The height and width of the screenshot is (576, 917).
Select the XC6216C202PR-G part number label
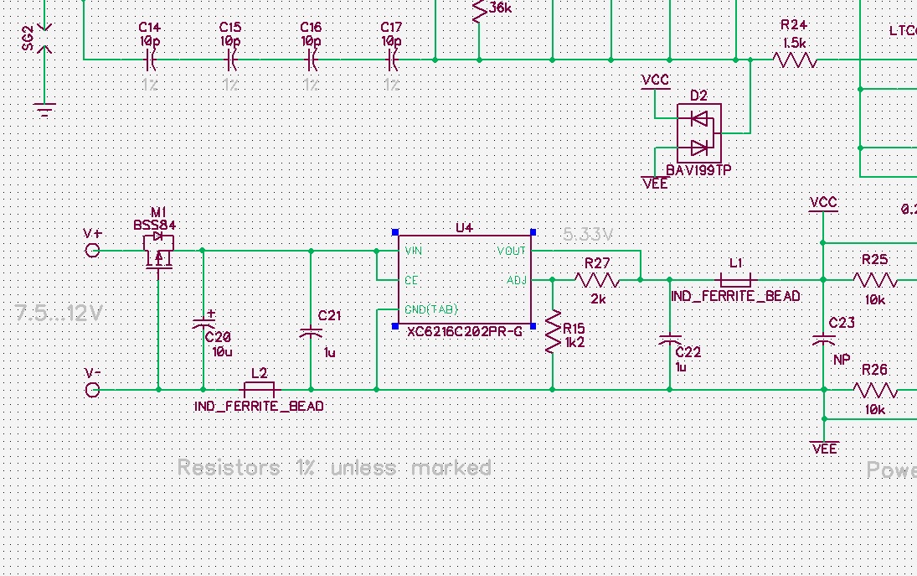[464, 332]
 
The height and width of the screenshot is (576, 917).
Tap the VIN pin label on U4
[413, 251]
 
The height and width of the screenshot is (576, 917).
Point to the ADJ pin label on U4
[517, 280]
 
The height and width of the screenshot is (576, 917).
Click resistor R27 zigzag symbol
[597, 279]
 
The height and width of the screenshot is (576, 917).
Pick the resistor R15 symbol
[552, 333]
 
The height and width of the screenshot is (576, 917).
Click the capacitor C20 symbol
[203, 323]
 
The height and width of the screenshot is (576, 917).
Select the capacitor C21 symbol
[312, 333]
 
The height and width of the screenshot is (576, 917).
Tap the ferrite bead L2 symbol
[259, 390]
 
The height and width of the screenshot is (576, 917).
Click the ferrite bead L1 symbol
[735, 279]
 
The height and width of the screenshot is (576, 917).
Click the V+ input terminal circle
[93, 251]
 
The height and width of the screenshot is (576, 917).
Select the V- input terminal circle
[93, 390]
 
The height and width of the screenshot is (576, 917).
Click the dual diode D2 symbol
[699, 132]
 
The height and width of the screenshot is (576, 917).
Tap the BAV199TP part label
[698, 169]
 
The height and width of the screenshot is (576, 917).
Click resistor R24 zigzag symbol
[795, 60]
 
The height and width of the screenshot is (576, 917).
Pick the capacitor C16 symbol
[312, 60]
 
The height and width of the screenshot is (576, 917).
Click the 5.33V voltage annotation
[588, 233]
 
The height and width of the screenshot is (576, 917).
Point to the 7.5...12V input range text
[59, 314]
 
